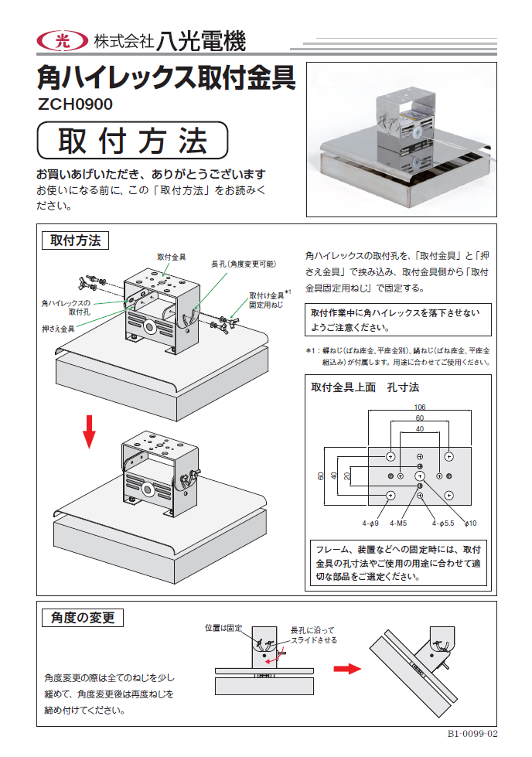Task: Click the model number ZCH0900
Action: pos(75,104)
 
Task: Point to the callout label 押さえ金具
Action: pos(58,329)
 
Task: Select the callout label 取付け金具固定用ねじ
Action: pos(269,300)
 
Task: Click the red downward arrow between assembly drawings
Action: pos(90,431)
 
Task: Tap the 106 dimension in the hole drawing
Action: pos(420,407)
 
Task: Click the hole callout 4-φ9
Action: pos(370,523)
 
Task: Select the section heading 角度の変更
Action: pos(81,617)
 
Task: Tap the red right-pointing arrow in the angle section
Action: pos(353,668)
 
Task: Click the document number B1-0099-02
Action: pos(472,735)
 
